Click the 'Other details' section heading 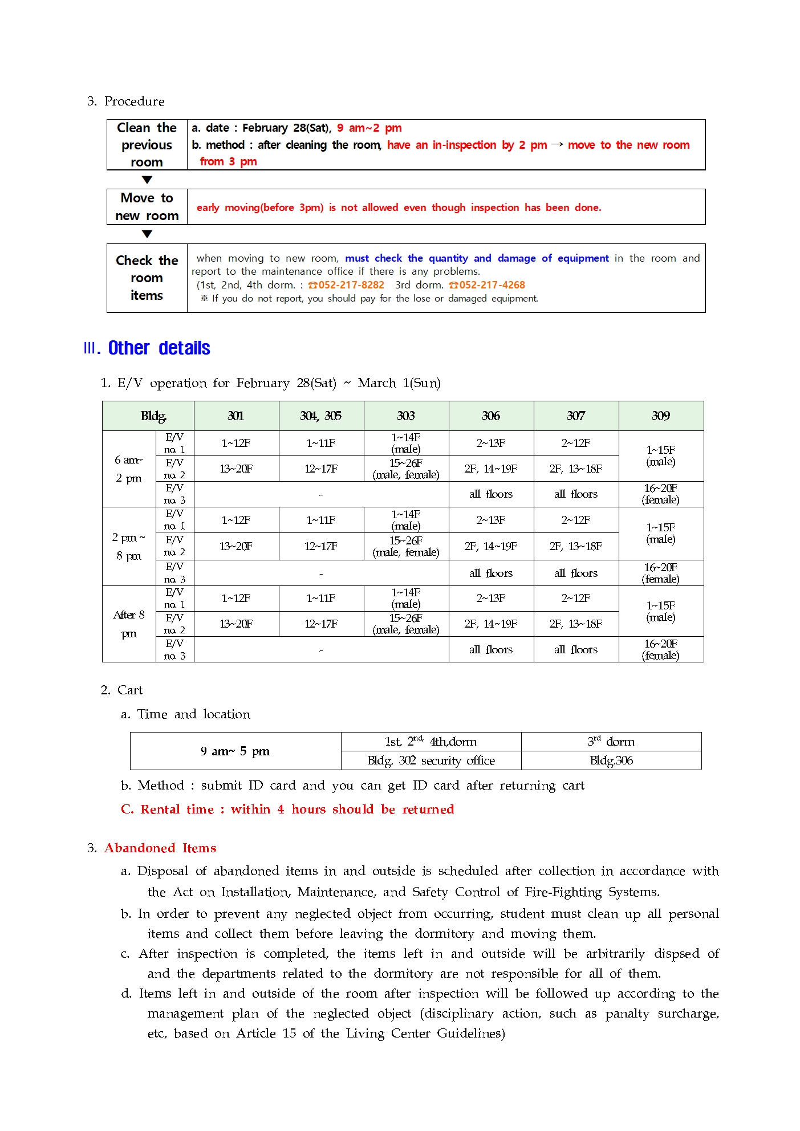click(159, 348)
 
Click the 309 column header click(660, 416)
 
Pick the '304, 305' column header click(320, 416)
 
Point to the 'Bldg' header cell click(153, 416)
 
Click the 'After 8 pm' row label click(129, 624)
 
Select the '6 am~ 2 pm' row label click(129, 469)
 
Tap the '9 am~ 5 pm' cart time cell click(235, 751)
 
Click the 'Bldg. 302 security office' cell click(431, 760)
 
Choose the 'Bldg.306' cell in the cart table click(611, 760)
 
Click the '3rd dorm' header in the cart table click(611, 742)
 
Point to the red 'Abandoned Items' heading click(160, 848)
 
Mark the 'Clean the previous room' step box click(147, 145)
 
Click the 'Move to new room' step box click(147, 207)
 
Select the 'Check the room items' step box click(147, 278)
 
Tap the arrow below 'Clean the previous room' click(147, 180)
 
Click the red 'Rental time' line click(287, 809)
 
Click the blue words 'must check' click(373, 258)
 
